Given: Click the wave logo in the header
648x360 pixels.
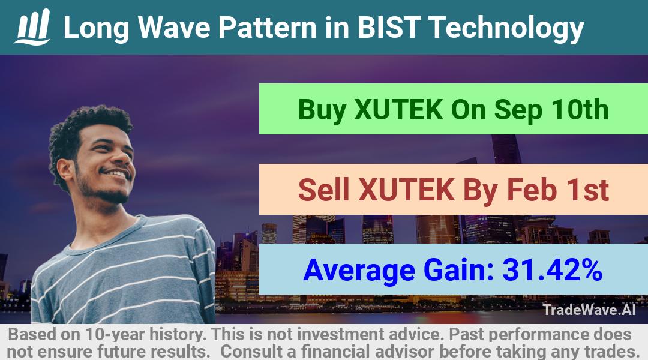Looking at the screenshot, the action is pyautogui.click(x=32, y=27).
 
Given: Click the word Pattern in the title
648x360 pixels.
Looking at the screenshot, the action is pyautogui.click(x=268, y=28).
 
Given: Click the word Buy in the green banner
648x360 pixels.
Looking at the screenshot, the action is pyautogui.click(x=322, y=110).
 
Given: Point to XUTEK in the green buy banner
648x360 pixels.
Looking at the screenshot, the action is pyautogui.click(x=398, y=110).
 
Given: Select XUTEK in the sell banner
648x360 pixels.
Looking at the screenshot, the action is pyautogui.click(x=407, y=190).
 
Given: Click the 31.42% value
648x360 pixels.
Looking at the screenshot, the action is pyautogui.click(x=552, y=269).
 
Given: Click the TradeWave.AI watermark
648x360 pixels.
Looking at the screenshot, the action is pyautogui.click(x=589, y=310).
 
